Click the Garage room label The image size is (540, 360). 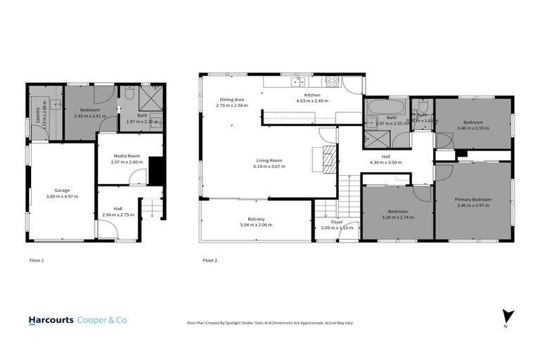pos(62,190)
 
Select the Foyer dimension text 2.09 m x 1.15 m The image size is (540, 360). pos(337,228)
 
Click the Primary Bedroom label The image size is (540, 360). pos(472,199)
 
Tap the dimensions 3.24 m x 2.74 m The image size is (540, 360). pos(398,217)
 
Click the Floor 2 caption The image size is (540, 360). pos(210,260)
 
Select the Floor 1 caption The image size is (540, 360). pos(37,260)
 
